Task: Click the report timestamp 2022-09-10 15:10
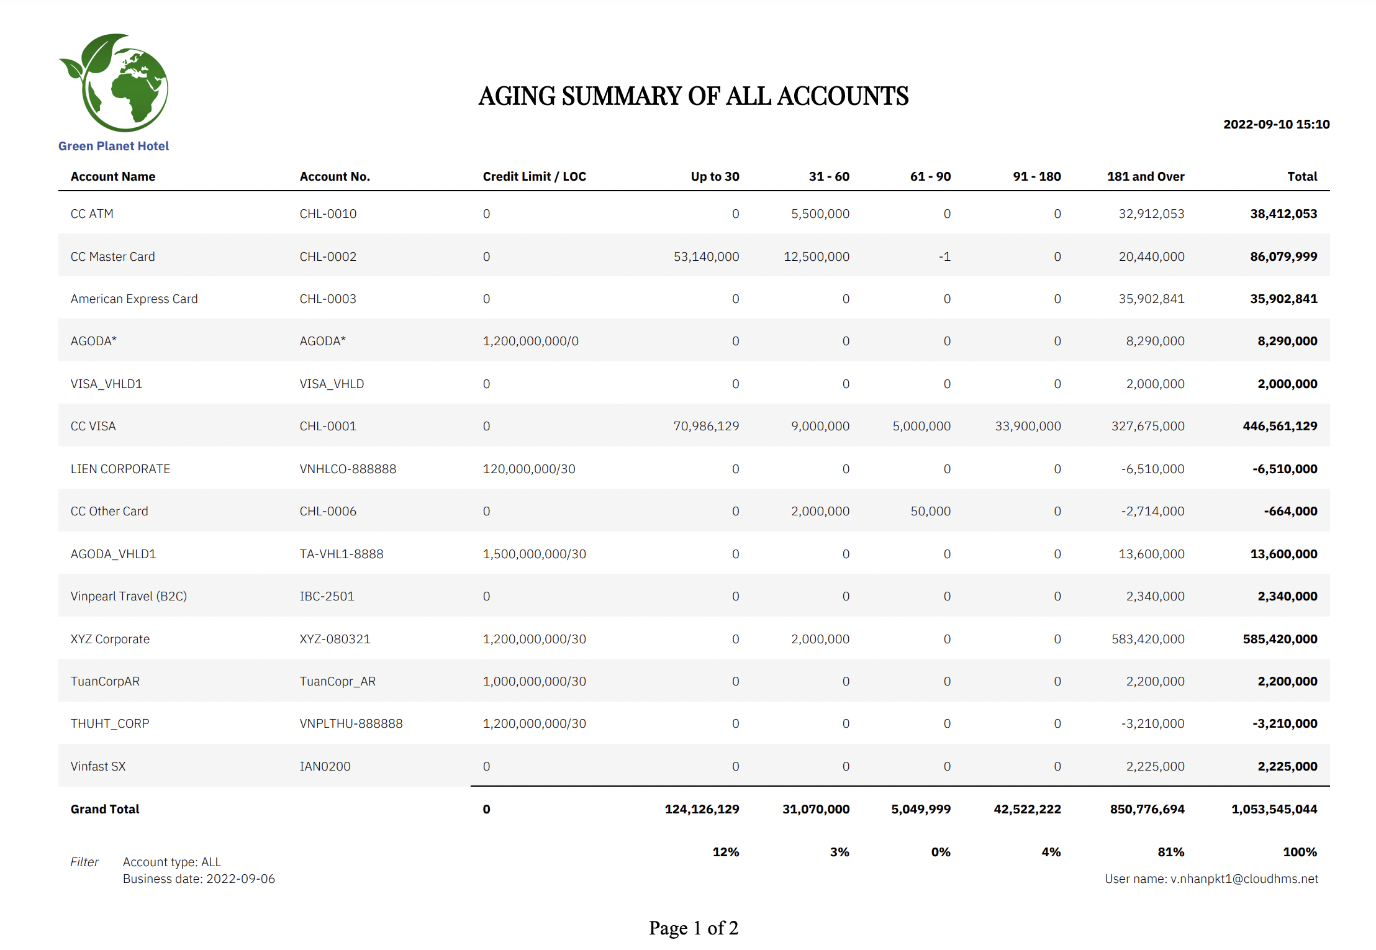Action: tap(1276, 124)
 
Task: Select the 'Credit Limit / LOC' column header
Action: tap(534, 176)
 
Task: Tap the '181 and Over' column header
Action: tap(1145, 176)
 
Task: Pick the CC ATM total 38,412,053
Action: tap(1283, 214)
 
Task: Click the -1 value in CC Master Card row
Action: tap(944, 256)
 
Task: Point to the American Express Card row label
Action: tap(134, 299)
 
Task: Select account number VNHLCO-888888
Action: tap(348, 469)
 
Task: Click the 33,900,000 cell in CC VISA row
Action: tap(1028, 426)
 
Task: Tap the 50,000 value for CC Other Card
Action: tap(930, 511)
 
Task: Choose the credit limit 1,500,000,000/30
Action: tap(534, 554)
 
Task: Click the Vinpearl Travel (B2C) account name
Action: tap(129, 596)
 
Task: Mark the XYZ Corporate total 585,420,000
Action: tap(1280, 639)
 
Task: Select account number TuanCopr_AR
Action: tap(337, 681)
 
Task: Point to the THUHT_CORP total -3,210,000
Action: tap(1284, 723)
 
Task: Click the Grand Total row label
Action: tap(105, 809)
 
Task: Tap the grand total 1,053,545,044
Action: tap(1274, 809)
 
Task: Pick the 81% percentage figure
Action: tap(1170, 852)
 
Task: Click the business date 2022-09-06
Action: tap(240, 879)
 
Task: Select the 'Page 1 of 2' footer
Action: tap(694, 928)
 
